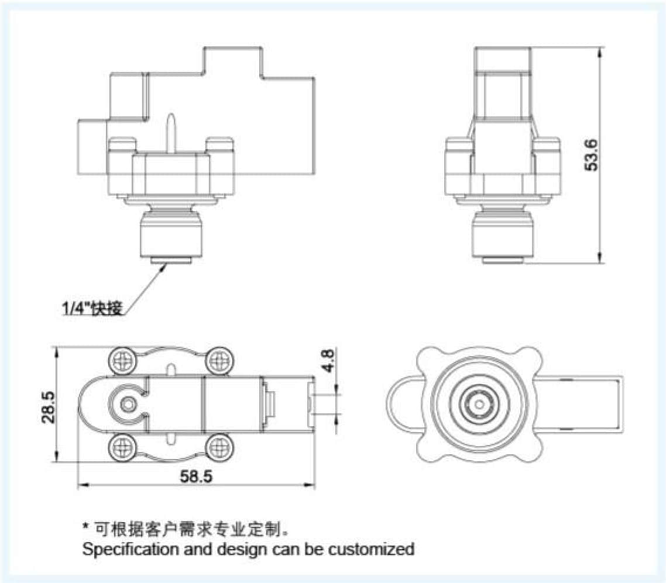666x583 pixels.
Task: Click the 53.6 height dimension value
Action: coord(592,154)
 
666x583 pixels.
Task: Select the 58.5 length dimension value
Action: coord(196,476)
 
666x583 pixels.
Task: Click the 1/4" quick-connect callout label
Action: coord(93,308)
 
